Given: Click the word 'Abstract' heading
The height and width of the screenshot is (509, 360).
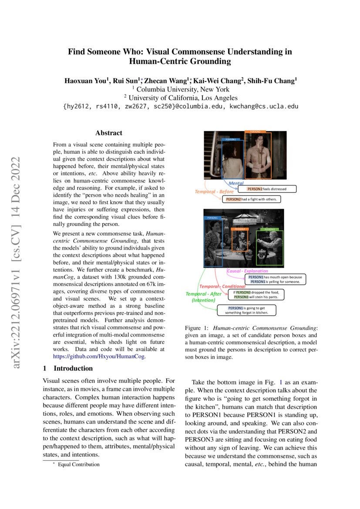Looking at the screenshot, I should [109, 133].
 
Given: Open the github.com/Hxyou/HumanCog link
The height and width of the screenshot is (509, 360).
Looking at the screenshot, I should [99, 356].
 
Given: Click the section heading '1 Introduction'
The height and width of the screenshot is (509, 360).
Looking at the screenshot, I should [67, 368].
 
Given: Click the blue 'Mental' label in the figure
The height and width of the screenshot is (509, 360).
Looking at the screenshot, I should [236, 184].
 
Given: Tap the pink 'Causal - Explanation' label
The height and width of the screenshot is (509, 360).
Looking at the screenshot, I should [248, 271].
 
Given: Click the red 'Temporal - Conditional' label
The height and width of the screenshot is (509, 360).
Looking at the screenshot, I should [222, 286].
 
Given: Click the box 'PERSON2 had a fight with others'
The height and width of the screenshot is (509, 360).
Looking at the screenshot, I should [252, 199].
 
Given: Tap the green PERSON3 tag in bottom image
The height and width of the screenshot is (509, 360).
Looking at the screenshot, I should [270, 229].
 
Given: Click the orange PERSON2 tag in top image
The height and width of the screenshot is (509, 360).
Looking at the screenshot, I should [255, 131].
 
